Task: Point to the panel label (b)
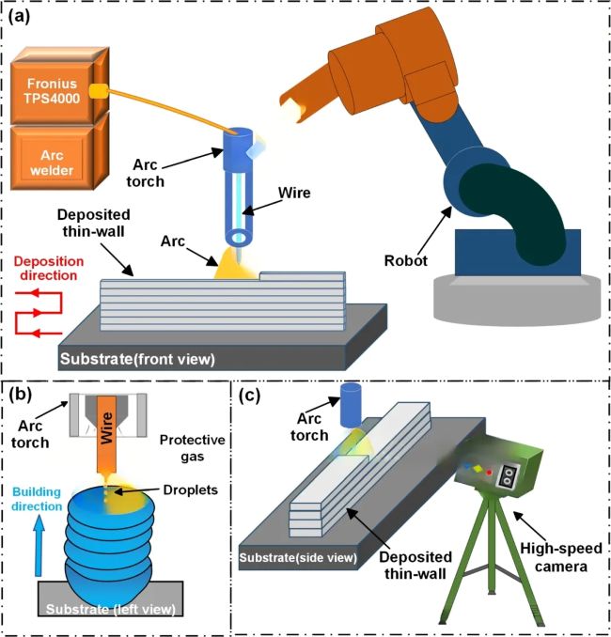(x=23, y=392)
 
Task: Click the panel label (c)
(x=256, y=394)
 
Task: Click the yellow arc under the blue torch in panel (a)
(x=236, y=268)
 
